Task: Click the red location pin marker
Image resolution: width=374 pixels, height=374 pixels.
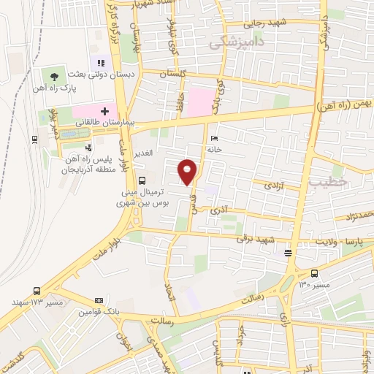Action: point(188,170)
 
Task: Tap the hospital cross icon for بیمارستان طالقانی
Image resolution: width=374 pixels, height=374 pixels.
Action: point(105,112)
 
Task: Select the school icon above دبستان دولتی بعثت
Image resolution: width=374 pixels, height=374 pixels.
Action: point(101,64)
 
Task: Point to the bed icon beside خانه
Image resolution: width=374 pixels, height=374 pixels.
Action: point(213,138)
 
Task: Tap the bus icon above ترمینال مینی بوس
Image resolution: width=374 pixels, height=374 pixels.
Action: point(141,180)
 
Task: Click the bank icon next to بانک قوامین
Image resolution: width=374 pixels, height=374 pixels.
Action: point(99,300)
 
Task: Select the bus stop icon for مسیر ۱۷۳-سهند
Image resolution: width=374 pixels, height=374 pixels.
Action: point(37,289)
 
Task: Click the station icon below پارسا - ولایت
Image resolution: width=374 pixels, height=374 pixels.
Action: point(288,253)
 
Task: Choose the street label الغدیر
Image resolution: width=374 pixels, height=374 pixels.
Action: point(141,152)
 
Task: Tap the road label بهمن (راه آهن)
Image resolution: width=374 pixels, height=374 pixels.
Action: point(346,106)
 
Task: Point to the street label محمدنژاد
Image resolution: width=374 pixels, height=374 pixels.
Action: point(358,214)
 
